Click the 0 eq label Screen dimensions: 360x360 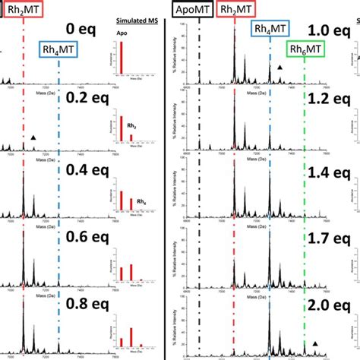point(81,30)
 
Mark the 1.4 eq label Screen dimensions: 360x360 point(329,173)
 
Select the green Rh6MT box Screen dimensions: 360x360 point(304,50)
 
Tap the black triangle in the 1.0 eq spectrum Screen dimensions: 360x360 point(279,68)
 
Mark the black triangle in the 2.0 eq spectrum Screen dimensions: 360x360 point(315,343)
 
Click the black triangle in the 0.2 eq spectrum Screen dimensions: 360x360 point(33,137)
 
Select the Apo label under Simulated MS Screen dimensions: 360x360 point(122,34)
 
